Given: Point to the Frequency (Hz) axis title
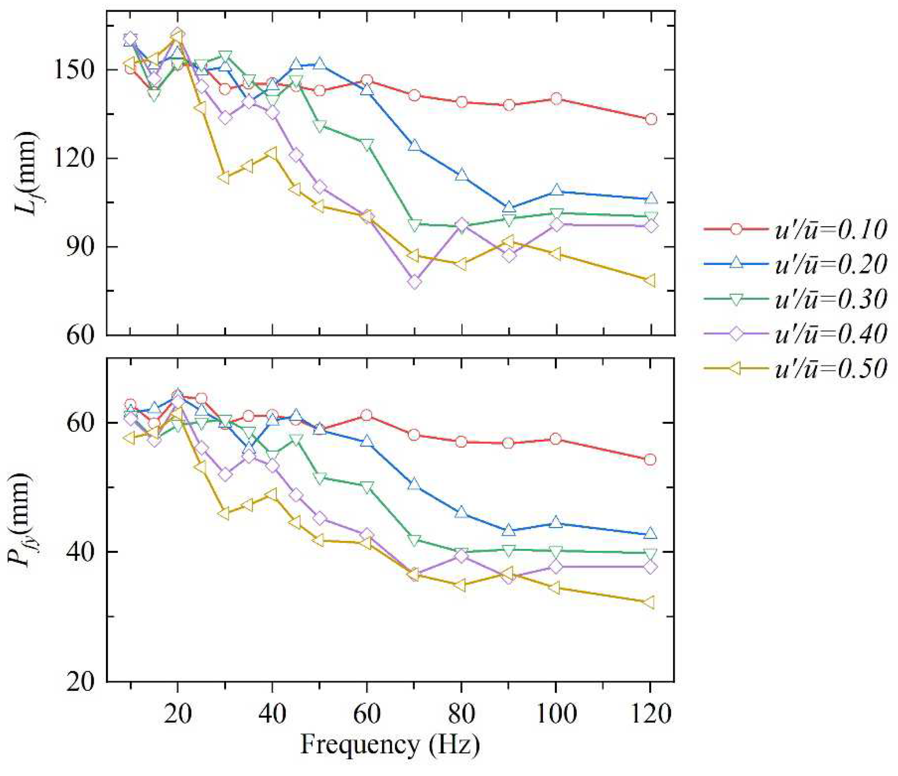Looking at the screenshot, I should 390,744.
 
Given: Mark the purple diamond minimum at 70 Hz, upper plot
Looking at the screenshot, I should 414,282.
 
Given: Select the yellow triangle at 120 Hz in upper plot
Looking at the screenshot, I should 650,280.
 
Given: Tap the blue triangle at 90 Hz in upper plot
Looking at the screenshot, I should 509,207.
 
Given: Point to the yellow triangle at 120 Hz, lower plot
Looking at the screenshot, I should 650,602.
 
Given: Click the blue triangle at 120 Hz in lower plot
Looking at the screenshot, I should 650,533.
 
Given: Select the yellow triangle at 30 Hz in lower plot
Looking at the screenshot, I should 224,513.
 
